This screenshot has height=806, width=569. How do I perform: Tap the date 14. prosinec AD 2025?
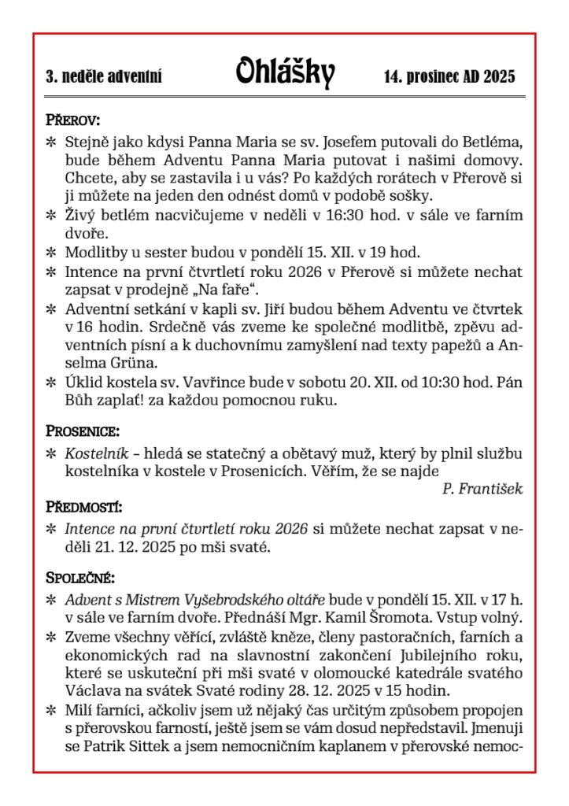449,77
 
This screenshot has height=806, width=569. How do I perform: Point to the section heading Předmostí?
84,507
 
